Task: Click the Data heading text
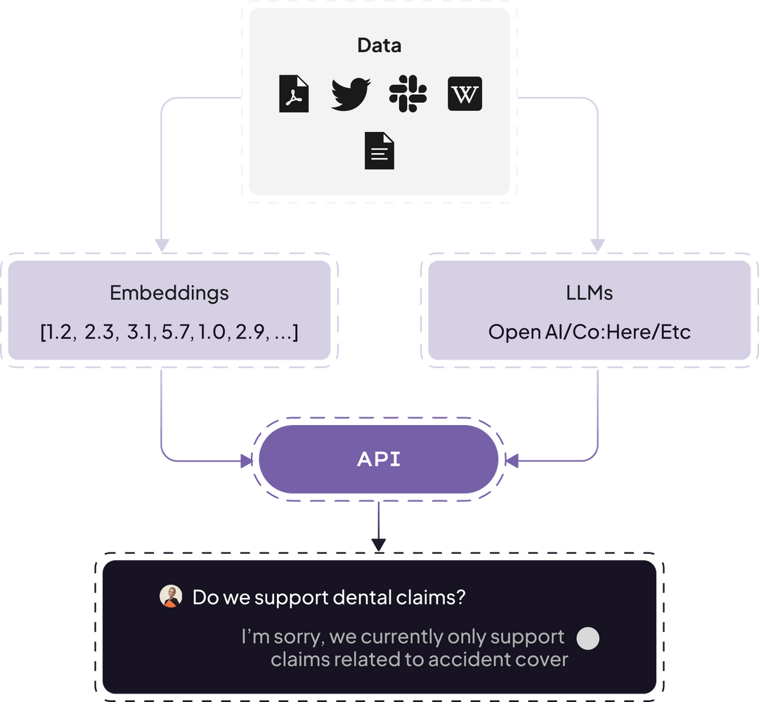379,46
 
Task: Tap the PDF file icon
294,94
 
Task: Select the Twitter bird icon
350,94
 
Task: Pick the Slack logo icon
408,94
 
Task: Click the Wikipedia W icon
465,94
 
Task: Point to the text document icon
379,151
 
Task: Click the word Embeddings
169,293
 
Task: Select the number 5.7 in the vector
176,332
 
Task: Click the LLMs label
589,293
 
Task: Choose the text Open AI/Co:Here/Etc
589,332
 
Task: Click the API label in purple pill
379,460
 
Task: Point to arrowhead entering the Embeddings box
162,246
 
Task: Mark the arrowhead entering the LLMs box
597,246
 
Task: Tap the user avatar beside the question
171,597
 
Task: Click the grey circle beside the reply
588,638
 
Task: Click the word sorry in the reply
297,637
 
